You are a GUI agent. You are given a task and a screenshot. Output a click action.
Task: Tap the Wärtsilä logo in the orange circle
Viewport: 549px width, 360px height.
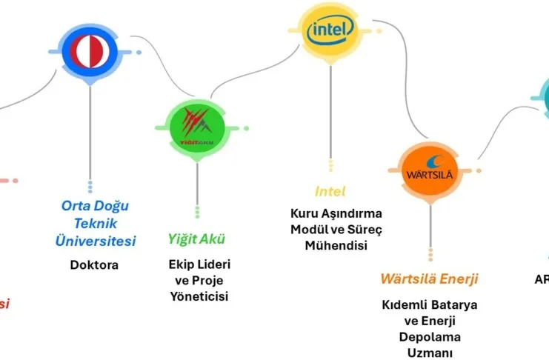point(430,170)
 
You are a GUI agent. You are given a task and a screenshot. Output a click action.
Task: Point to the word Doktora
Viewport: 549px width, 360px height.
point(95,264)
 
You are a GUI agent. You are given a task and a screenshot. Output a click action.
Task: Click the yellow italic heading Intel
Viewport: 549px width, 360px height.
point(330,191)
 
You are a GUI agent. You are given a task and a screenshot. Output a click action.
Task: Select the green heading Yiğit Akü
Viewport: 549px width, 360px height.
point(196,239)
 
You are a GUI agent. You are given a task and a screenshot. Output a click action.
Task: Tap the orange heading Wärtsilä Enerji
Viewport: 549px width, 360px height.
point(429,279)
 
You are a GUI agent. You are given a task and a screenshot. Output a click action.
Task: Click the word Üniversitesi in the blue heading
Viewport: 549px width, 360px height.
point(96,241)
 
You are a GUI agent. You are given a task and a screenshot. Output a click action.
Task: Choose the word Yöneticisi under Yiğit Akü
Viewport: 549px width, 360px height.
point(197,296)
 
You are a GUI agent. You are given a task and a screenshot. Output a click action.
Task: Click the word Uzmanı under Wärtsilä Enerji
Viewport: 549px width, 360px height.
point(429,353)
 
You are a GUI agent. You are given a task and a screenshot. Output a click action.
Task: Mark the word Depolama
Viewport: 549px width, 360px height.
point(429,337)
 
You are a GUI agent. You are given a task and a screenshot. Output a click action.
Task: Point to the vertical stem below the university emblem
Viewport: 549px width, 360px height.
point(90,133)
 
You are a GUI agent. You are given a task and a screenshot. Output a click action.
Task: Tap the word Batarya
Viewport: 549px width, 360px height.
point(453,304)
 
